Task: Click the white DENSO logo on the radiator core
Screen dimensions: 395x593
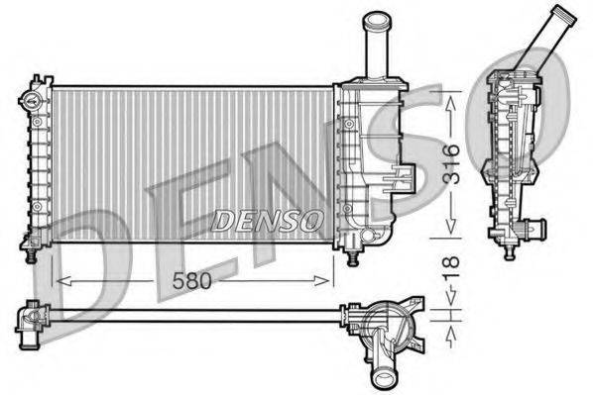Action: (267, 217)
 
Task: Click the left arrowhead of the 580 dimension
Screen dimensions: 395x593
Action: (59, 281)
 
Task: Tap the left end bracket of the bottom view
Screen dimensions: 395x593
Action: (29, 319)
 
